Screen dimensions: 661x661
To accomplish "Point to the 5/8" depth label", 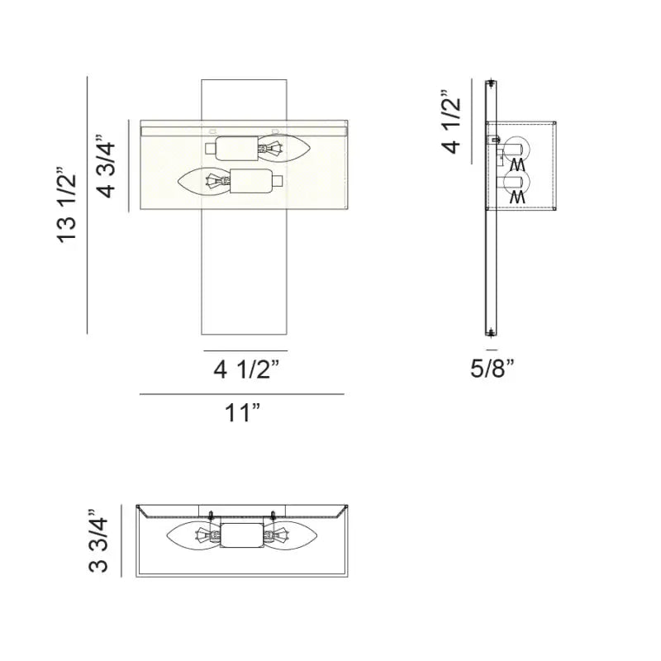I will click(x=492, y=369).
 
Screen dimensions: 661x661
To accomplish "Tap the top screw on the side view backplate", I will click(x=491, y=85).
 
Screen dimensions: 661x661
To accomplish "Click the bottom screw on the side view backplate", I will click(x=491, y=332).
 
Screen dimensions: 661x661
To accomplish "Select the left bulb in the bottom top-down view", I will click(x=191, y=535).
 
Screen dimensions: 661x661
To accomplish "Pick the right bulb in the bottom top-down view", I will click(x=293, y=535).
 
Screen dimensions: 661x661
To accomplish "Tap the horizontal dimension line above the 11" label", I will click(x=241, y=394).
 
